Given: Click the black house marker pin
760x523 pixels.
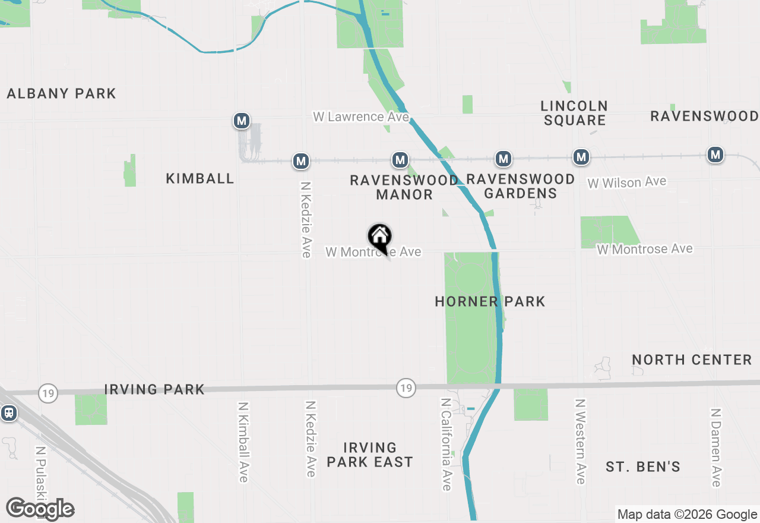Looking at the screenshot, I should pyautogui.click(x=380, y=238).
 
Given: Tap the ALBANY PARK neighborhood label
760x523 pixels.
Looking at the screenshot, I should pyautogui.click(x=62, y=93).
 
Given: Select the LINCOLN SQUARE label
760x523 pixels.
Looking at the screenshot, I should pyautogui.click(x=574, y=113).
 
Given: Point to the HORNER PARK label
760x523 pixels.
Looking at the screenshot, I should pyautogui.click(x=490, y=301).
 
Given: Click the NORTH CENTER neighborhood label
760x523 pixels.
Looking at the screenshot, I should pyautogui.click(x=692, y=360).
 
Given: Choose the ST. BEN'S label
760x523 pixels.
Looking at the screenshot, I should pyautogui.click(x=643, y=467).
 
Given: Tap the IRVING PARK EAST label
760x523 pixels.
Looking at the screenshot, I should pyautogui.click(x=370, y=455).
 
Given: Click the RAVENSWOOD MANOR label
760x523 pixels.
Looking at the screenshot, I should pyautogui.click(x=404, y=187).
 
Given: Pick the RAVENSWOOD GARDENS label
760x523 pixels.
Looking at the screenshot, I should pyautogui.click(x=521, y=186).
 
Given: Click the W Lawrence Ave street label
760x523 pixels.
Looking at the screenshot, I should pyautogui.click(x=361, y=116).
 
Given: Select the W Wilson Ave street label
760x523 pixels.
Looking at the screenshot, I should pyautogui.click(x=627, y=182).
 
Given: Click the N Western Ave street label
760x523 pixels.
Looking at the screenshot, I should pyautogui.click(x=580, y=440).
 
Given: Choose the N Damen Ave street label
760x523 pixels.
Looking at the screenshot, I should pyautogui.click(x=716, y=447).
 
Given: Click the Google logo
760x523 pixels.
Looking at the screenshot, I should pyautogui.click(x=40, y=509).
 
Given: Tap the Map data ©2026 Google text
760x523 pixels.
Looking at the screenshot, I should pyautogui.click(x=686, y=515).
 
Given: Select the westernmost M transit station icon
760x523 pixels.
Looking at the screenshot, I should pyautogui.click(x=241, y=121).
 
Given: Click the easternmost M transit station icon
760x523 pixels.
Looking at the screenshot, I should pyautogui.click(x=715, y=155).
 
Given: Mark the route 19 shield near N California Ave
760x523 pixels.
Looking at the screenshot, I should pyautogui.click(x=406, y=388).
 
